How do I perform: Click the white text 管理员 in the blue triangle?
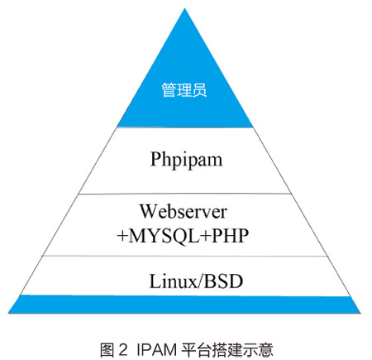184,90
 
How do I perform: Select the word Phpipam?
186,161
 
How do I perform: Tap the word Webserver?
184,212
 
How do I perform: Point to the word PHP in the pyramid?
231,236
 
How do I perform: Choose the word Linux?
173,281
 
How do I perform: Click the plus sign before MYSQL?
122,237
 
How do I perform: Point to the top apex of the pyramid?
185,8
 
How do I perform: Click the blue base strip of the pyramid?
184,305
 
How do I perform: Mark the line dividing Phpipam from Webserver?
184,194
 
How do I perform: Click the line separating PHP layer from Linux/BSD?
185,256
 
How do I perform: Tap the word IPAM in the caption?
157,350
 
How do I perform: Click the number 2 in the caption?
123,350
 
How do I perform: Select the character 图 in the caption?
107,350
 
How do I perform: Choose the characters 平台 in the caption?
196,350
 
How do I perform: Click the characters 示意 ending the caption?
258,350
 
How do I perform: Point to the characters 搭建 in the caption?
227,350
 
